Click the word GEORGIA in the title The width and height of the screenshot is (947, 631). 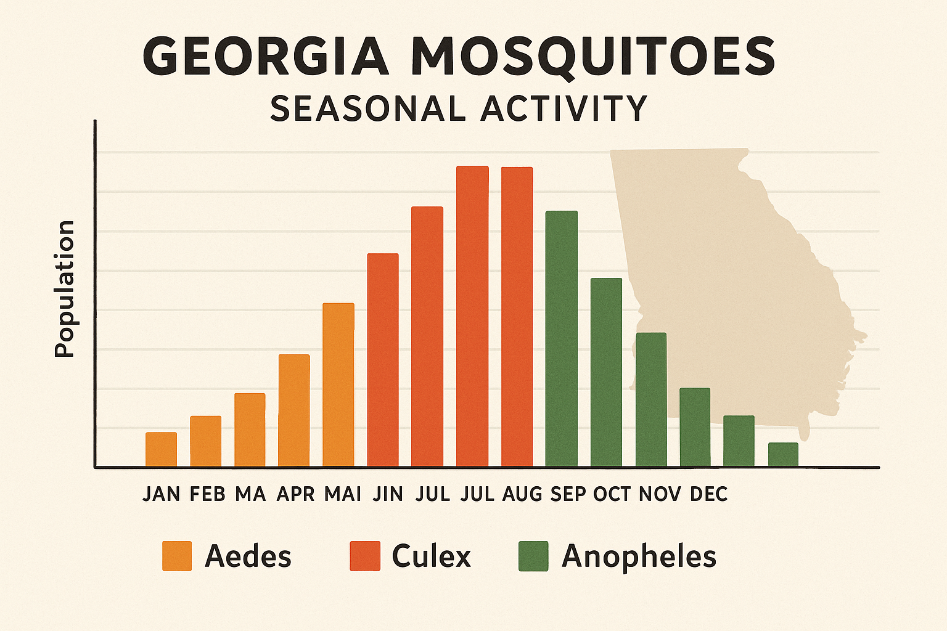pos(266,57)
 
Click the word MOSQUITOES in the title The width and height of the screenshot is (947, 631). pos(592,57)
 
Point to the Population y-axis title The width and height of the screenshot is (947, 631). pos(64,288)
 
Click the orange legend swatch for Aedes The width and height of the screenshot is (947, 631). pos(177,556)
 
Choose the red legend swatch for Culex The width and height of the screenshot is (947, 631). pos(365,556)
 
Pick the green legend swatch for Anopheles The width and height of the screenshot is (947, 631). pos(533,556)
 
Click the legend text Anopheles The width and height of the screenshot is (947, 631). pos(639,556)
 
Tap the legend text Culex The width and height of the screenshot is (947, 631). pos(431,556)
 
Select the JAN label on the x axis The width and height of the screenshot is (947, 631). pos(161,494)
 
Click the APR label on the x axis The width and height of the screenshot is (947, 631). pos(295,494)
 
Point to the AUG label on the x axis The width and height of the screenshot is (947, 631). pos(522,494)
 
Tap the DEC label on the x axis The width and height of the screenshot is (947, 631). pos(708,494)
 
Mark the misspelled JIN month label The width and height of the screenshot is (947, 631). pos(388,494)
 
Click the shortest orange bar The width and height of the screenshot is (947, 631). pos(161,449)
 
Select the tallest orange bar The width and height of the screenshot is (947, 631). pos(338,385)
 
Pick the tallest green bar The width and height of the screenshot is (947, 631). pos(562,338)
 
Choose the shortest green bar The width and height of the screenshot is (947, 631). pos(783,455)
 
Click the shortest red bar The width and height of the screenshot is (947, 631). pos(383,360)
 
